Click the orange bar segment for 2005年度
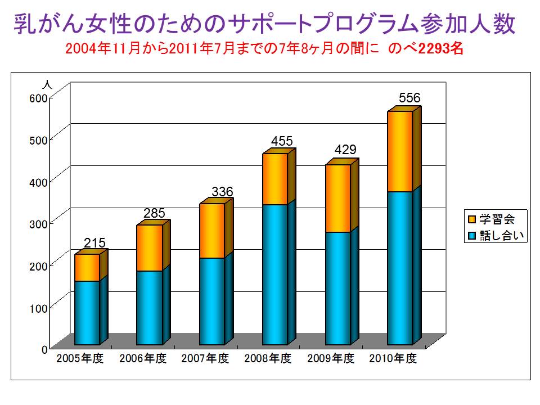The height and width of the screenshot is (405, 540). pyautogui.click(x=87, y=268)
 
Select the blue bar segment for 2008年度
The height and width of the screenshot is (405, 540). pyautogui.click(x=275, y=274)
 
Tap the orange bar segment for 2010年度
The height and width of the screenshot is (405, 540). pyautogui.click(x=400, y=151)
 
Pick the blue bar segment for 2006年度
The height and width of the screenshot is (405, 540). pyautogui.click(x=150, y=308)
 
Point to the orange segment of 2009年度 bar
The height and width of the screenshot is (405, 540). pyautogui.click(x=338, y=198)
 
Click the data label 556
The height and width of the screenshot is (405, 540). pyautogui.click(x=409, y=98)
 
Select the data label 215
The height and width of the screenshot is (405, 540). pyautogui.click(x=94, y=243)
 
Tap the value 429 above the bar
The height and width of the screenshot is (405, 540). pyautogui.click(x=345, y=150)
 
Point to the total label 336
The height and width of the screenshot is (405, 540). pyautogui.click(x=222, y=192)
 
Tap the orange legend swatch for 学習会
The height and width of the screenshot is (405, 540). pyautogui.click(x=472, y=219)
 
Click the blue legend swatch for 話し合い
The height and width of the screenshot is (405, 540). pyautogui.click(x=472, y=236)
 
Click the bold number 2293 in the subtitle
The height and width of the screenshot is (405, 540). pyautogui.click(x=434, y=49)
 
